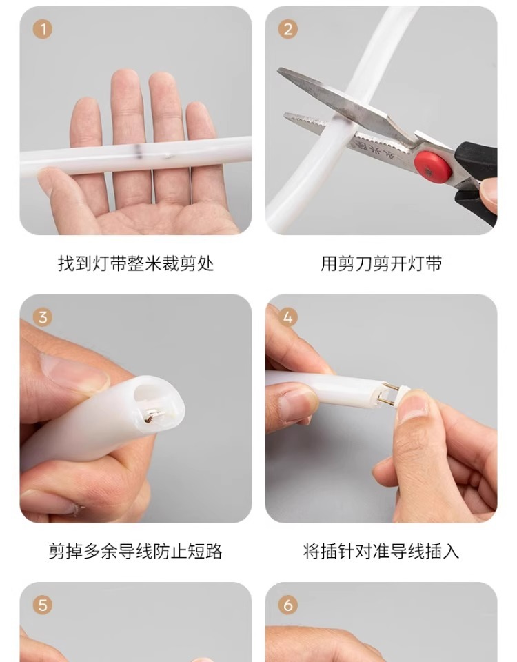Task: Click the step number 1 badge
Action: coord(43,29)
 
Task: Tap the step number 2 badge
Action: coord(288,29)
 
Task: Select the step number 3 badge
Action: coord(43,317)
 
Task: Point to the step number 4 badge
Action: coord(288,317)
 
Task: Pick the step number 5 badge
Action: coord(43,605)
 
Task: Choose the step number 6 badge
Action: coord(288,605)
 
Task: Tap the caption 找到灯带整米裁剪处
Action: coord(136,263)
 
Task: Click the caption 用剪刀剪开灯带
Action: coord(381,263)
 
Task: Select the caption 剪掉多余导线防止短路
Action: coord(136,552)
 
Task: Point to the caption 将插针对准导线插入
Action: coord(381,552)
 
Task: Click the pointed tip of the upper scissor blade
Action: coord(278,69)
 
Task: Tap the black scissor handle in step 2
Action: coord(477,181)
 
